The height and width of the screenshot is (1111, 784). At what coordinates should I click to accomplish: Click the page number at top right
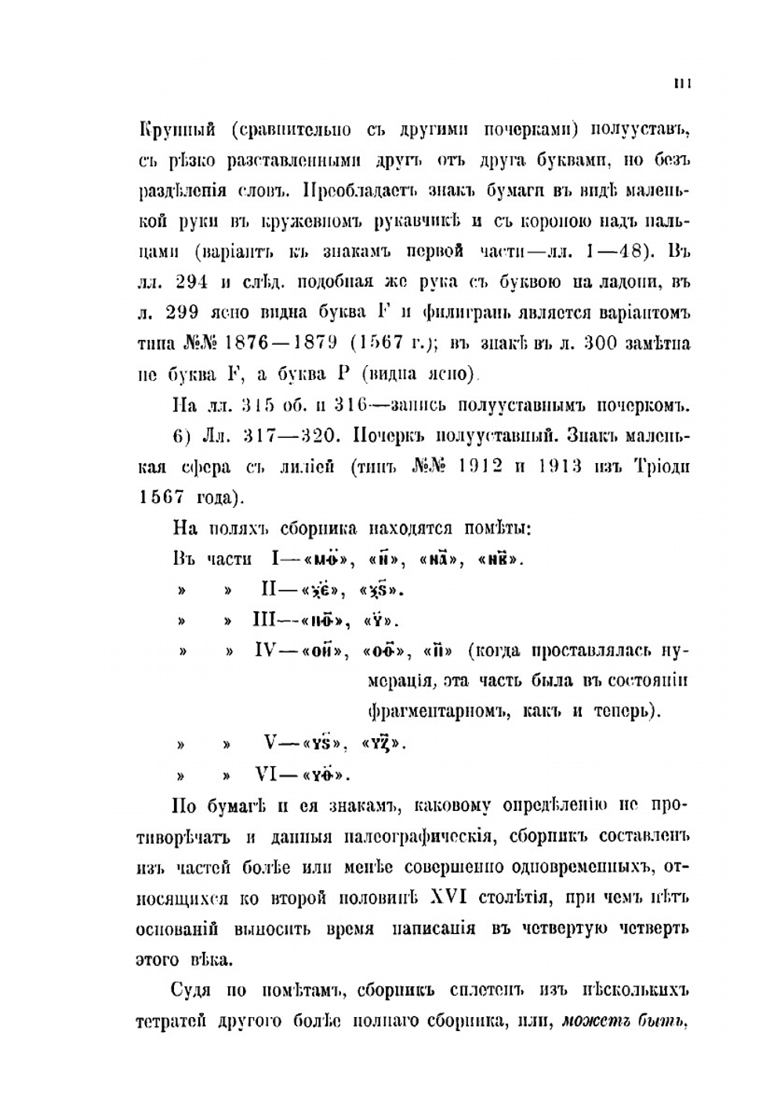click(x=680, y=85)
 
